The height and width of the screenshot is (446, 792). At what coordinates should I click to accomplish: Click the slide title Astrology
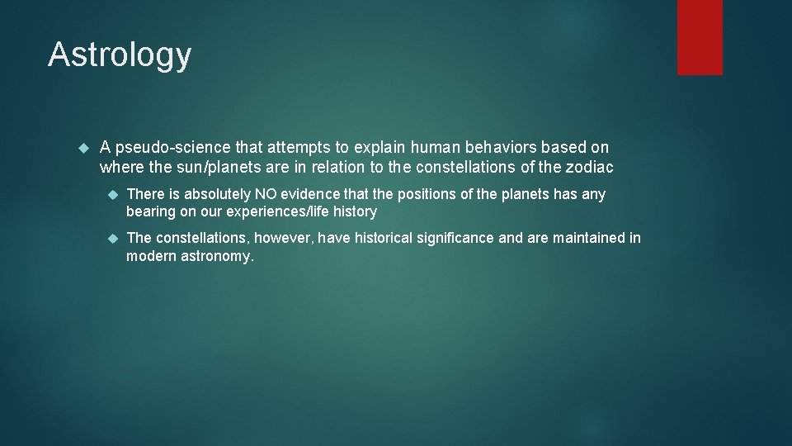(x=120, y=55)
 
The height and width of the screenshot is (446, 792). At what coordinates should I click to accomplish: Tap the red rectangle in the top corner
(x=700, y=36)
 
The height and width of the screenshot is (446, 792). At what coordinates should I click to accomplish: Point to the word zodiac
(x=590, y=168)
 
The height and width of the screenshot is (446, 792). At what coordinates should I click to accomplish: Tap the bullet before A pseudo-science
(x=82, y=148)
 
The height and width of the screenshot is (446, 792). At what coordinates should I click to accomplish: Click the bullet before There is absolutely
(x=114, y=194)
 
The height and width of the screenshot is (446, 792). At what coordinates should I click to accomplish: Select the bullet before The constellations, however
(x=114, y=238)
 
